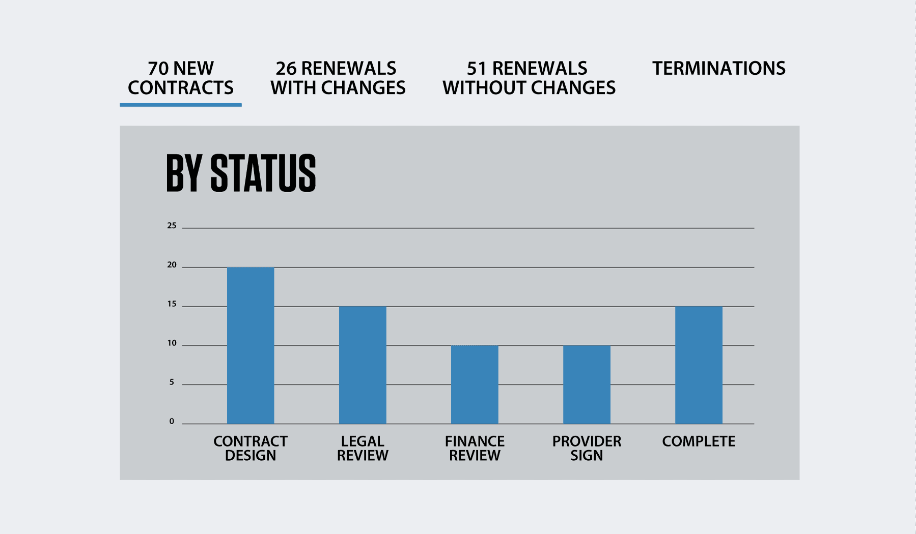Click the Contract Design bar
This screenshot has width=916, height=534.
(x=251, y=345)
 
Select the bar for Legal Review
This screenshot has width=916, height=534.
(x=363, y=365)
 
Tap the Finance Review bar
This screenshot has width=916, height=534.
(x=475, y=384)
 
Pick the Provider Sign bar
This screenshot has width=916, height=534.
(x=587, y=384)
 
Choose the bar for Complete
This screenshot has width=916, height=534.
(x=699, y=365)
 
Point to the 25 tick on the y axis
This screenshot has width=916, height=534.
(x=172, y=226)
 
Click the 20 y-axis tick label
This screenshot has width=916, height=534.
(x=172, y=265)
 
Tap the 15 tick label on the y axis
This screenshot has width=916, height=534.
(x=172, y=304)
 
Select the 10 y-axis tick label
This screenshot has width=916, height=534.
(x=172, y=343)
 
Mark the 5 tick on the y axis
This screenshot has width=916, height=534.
(x=172, y=382)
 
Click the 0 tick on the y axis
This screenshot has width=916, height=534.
(x=172, y=422)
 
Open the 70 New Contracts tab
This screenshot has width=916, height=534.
(x=181, y=78)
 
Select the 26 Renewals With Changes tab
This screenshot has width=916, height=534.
(x=338, y=78)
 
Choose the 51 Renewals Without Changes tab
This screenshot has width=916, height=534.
(x=529, y=78)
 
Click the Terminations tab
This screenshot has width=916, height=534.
(x=719, y=68)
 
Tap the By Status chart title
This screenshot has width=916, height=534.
(x=241, y=173)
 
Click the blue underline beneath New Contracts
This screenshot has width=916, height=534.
(x=181, y=105)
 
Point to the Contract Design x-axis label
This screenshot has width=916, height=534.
(x=251, y=448)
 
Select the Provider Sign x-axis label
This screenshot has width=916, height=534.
(x=587, y=448)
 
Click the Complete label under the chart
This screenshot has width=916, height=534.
(x=699, y=441)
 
